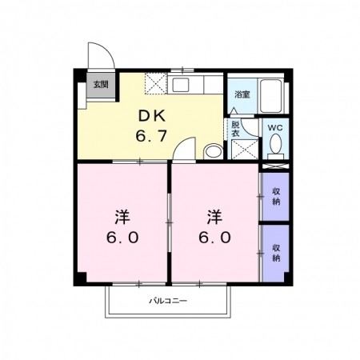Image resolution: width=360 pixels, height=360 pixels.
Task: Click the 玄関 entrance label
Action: [101, 85]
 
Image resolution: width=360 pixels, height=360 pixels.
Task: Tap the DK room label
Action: [151, 116]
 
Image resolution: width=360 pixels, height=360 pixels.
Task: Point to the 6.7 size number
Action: [151, 136]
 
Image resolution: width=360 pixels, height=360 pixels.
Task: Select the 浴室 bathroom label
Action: [242, 94]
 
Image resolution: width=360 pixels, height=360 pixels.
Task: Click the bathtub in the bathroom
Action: [271, 96]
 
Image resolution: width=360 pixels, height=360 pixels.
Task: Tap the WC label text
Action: [275, 128]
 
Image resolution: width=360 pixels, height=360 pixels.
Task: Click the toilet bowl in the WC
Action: [275, 143]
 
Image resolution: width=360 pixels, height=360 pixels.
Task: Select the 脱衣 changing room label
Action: [235, 129]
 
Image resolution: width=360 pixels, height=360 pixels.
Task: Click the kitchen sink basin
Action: [181, 85]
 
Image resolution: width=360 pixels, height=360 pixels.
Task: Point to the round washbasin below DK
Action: [214, 152]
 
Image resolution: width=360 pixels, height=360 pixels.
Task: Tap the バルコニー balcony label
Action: [168, 301]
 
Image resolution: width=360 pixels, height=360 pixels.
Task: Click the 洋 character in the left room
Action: [122, 218]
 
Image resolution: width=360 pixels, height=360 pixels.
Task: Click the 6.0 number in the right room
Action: [214, 237]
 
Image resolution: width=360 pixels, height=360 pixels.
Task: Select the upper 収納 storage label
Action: [276, 197]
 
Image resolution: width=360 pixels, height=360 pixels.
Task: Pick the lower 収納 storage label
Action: [276, 253]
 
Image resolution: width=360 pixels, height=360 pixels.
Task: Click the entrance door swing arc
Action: [107, 49]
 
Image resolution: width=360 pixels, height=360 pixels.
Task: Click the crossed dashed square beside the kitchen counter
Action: [156, 83]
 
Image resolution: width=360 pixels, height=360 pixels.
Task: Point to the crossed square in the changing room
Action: [245, 150]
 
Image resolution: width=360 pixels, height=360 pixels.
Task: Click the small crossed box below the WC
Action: [275, 166]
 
